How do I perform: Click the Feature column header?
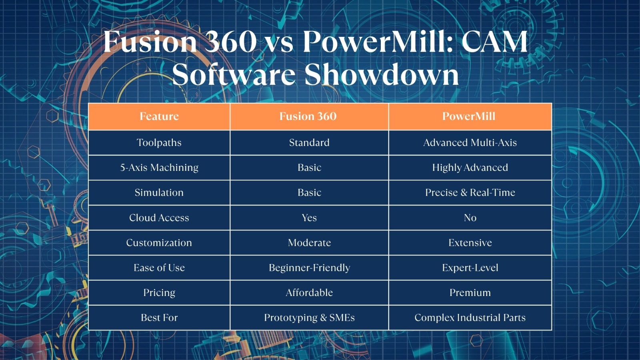coord(159,116)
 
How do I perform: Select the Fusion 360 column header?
coord(308,116)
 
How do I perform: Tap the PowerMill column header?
coord(469,116)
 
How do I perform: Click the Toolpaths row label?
coord(159,142)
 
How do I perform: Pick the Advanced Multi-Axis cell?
coord(470,142)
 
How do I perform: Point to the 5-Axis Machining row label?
coord(159,168)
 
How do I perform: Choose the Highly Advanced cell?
coord(470,168)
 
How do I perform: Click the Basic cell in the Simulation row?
coord(309,192)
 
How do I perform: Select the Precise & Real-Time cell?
coord(470,192)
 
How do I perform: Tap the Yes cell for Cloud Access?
coord(309,218)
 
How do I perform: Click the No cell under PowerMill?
coord(470,218)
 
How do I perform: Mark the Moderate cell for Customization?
coord(309,242)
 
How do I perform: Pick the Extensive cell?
coord(470,242)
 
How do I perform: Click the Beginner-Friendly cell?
coord(309,268)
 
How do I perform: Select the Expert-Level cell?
coord(470,268)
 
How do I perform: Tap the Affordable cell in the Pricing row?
coord(309,292)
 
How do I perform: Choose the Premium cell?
coord(470,292)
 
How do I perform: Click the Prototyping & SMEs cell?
coord(309,318)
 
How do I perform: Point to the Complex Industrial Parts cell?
coord(470,318)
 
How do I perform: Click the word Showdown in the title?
coord(382,75)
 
